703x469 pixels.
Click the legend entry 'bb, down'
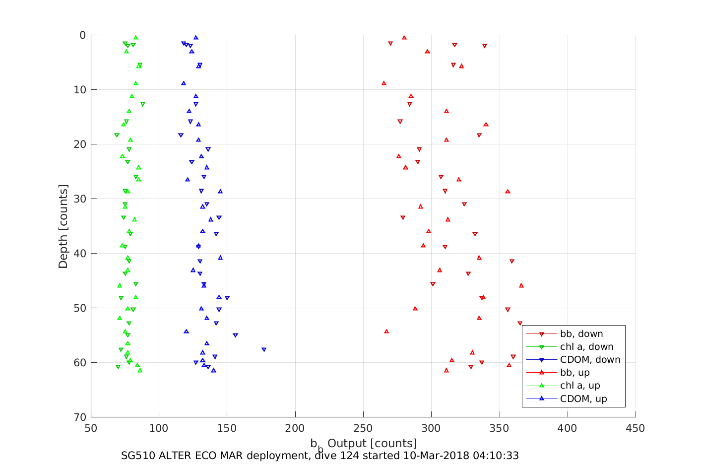click(x=581, y=334)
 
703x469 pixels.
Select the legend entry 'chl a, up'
click(x=580, y=386)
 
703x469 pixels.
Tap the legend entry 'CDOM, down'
click(x=590, y=360)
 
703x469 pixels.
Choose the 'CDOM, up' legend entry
click(x=583, y=399)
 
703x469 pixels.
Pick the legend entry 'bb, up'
click(x=575, y=373)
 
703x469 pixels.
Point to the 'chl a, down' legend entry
click(x=586, y=347)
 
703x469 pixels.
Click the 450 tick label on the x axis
click(x=636, y=428)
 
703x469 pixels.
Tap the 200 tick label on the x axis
click(x=295, y=428)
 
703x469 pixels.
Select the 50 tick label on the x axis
click(x=91, y=428)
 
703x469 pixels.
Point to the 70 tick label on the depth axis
click(x=80, y=417)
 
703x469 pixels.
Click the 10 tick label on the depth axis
click(x=80, y=90)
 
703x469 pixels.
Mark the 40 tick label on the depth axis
click(x=80, y=254)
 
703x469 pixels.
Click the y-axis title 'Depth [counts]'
click(x=63, y=226)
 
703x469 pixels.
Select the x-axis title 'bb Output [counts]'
click(x=363, y=444)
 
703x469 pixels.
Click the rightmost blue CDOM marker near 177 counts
click(x=264, y=350)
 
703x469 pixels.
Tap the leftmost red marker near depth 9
click(x=384, y=83)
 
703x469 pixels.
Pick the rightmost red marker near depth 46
click(x=521, y=285)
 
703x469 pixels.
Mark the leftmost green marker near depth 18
click(x=117, y=135)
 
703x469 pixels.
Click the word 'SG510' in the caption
click(x=137, y=456)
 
